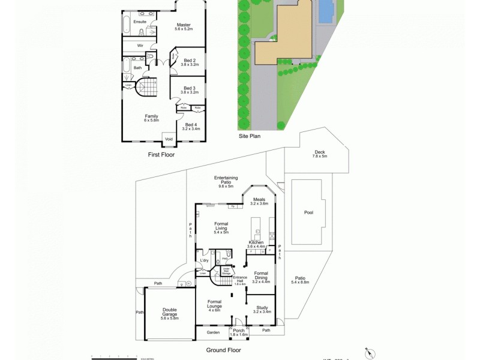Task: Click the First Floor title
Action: [x=164, y=154]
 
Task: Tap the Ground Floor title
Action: [x=224, y=350]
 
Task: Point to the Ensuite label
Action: [x=140, y=22]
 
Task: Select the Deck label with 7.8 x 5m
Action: [x=320, y=154]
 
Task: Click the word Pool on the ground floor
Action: [x=308, y=212]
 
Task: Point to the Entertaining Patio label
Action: [x=226, y=181]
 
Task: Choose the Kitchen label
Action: [x=256, y=244]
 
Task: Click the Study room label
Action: [x=262, y=310]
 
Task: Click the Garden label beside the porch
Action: [x=214, y=332]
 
